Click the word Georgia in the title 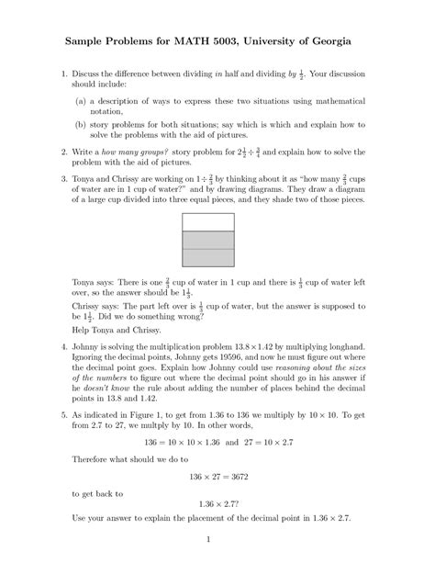coord(348,42)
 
